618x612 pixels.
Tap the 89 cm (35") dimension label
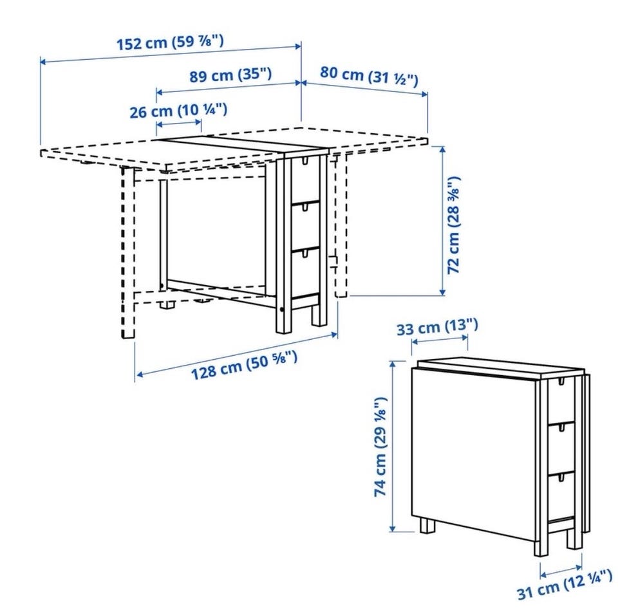coord(230,75)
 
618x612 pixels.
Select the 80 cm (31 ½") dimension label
coord(368,77)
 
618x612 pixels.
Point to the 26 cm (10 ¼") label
coord(178,110)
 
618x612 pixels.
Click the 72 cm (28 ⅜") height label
coord(454,225)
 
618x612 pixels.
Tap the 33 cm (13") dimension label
coord(437,327)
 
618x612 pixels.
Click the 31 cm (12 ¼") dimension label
coord(565,587)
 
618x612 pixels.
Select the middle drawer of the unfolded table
coord(304,226)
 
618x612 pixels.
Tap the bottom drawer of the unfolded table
coord(304,273)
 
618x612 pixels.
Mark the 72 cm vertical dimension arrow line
coord(442,221)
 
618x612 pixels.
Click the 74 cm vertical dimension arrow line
coord(393,446)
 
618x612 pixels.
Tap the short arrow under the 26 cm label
coord(179,123)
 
